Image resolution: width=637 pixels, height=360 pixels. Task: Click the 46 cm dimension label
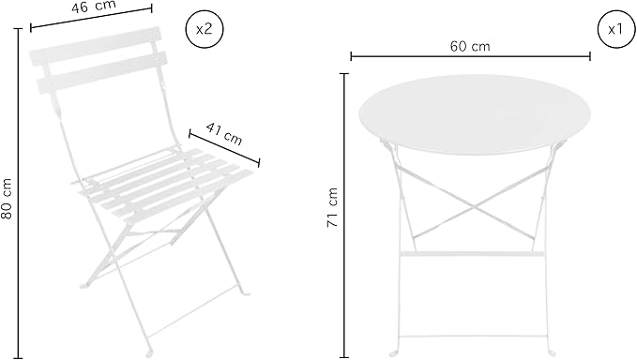coord(94,7)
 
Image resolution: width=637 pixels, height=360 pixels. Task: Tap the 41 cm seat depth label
coord(224,133)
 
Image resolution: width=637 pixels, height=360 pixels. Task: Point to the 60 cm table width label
coord(470,46)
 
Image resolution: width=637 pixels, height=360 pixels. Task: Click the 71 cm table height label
coord(332,208)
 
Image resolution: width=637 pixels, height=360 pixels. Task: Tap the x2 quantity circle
coord(205,29)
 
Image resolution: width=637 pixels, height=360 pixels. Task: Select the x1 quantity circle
coord(615,29)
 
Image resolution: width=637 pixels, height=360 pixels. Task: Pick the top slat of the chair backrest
coord(95,45)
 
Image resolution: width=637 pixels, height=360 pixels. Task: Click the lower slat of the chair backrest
coord(102,72)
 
